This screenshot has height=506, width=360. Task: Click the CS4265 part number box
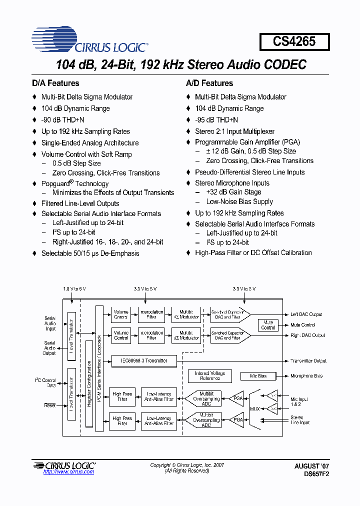[294, 41]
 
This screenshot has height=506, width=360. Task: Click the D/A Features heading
[55, 83]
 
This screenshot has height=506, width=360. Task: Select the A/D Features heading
[209, 83]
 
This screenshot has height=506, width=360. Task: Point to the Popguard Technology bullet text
[74, 183]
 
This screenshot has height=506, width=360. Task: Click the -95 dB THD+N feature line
[216, 120]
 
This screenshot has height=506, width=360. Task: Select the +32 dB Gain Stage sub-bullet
[233, 192]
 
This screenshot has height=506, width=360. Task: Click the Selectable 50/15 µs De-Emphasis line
[90, 253]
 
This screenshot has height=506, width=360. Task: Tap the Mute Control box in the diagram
[268, 325]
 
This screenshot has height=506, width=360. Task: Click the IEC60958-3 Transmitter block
[143, 360]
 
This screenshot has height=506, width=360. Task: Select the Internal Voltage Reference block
[209, 376]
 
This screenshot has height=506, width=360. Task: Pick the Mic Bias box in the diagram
[258, 376]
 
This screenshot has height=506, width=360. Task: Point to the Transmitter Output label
[308, 360]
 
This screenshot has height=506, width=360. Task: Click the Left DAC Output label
[306, 314]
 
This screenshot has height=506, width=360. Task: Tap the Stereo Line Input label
[300, 419]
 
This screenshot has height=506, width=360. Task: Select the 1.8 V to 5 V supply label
[74, 289]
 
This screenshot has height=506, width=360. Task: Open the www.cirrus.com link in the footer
[68, 472]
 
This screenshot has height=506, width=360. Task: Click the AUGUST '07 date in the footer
[311, 465]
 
